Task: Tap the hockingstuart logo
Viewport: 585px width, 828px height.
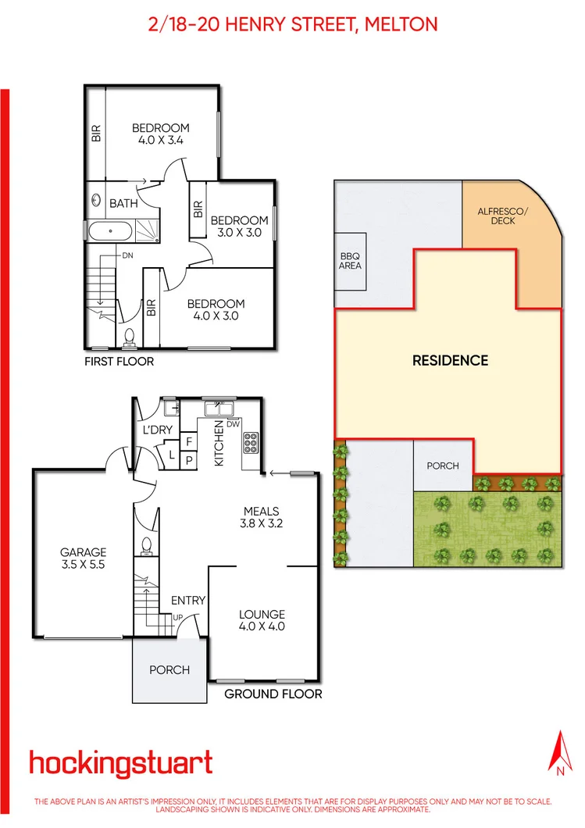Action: coord(120,762)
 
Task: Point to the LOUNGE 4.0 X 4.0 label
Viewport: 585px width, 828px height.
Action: coord(262,620)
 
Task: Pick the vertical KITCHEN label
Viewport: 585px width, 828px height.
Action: coord(219,443)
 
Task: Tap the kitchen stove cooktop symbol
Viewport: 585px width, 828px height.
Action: coord(251,443)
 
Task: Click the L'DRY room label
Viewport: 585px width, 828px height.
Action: coord(156,430)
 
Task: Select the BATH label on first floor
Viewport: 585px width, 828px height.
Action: coord(123,204)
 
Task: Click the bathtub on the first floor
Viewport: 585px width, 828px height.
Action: coord(109,230)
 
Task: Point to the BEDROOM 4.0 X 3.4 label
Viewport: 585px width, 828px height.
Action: coord(160,134)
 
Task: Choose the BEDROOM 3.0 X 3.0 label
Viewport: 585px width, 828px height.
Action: coord(239,227)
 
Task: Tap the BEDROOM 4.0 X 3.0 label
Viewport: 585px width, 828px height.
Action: coord(216,310)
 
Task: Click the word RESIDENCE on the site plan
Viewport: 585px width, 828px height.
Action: coord(450,361)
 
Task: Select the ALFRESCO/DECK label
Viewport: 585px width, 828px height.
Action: coord(497,216)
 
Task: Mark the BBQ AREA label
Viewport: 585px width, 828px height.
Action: coord(351,261)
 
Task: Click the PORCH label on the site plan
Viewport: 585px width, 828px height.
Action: coord(443,466)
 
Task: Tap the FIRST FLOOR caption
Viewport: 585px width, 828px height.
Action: coord(119,362)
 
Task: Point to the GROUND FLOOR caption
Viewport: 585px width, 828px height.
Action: coord(273,694)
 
